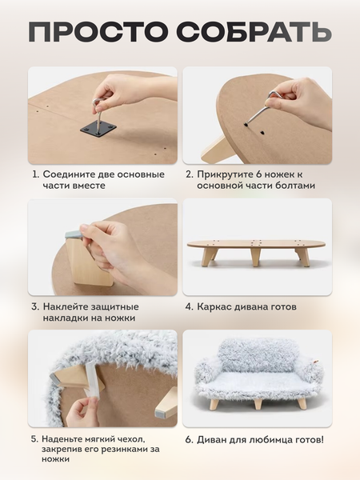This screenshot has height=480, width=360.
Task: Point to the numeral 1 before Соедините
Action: tap(36, 174)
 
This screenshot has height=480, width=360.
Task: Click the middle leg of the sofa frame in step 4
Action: tap(257, 257)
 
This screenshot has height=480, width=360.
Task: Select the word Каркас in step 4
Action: tap(214, 306)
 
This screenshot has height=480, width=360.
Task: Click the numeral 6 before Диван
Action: tap(190, 440)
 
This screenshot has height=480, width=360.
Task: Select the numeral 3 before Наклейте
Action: tap(35, 306)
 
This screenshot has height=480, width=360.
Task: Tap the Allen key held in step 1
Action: tap(98, 114)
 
